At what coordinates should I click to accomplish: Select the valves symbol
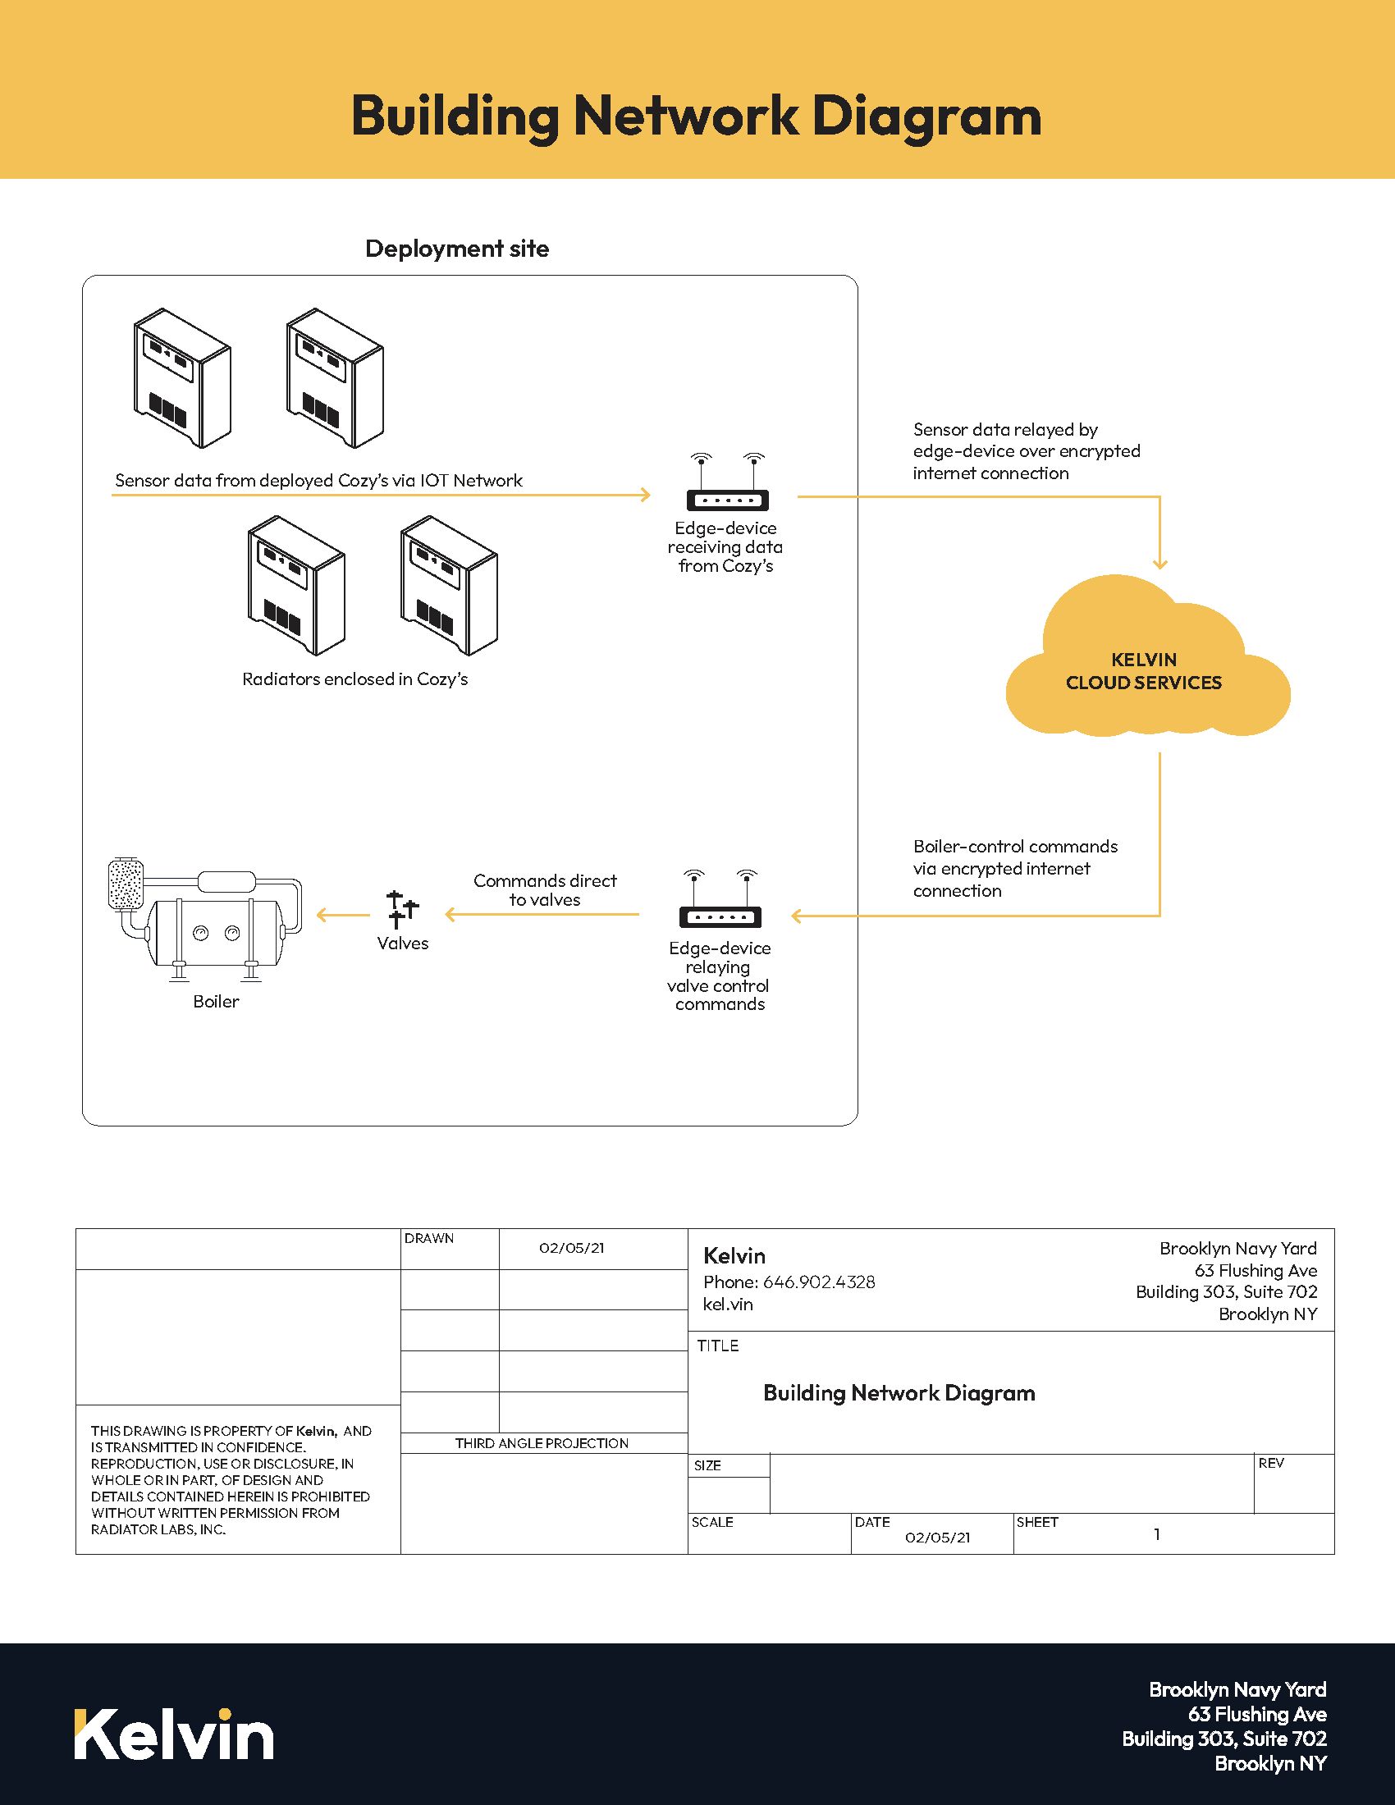tap(402, 910)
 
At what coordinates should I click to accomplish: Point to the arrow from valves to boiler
tap(342, 915)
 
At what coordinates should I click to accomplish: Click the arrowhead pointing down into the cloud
tap(1159, 564)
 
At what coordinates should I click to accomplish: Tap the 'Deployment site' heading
tap(457, 249)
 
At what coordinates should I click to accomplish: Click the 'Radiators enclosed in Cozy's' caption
tap(354, 679)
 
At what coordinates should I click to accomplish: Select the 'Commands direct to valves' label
tap(545, 890)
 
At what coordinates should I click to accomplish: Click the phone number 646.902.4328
tap(818, 1282)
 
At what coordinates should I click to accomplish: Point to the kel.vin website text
tap(727, 1305)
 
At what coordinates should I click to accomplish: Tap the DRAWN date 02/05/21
tap(571, 1248)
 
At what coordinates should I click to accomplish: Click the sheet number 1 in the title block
tap(1157, 1535)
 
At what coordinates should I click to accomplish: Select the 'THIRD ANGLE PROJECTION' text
tap(542, 1443)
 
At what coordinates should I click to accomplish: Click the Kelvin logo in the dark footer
tap(173, 1734)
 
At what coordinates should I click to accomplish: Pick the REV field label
tap(1271, 1463)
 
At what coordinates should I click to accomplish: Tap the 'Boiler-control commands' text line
tap(1015, 847)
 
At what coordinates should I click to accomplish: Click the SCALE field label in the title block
tap(712, 1522)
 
